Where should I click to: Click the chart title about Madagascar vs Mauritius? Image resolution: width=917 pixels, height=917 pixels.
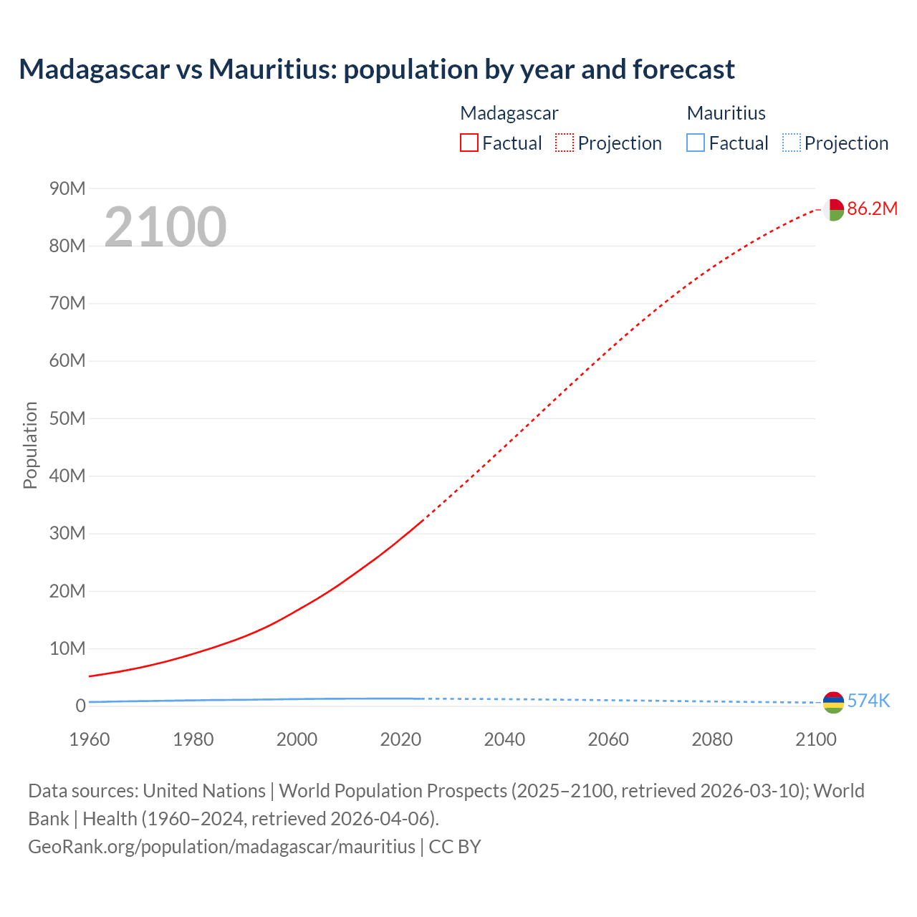pos(377,69)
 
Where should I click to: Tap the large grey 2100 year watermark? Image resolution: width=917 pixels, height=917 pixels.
pos(165,227)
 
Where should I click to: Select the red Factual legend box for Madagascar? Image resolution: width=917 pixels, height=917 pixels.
pos(469,143)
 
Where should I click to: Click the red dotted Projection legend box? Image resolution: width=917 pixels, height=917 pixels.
pos(565,143)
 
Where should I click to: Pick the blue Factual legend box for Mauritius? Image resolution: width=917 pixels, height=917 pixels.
pos(695,143)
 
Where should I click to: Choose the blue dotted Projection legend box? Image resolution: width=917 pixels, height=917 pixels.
pos(791,143)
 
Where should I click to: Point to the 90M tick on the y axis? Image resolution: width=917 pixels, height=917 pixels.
pos(67,188)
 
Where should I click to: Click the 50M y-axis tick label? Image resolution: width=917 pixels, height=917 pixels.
pos(67,418)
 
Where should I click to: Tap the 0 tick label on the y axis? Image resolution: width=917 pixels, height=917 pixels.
pos(80,706)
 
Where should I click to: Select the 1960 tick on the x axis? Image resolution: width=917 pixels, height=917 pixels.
pos(90,739)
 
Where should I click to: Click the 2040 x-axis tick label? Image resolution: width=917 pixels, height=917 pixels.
pos(504,739)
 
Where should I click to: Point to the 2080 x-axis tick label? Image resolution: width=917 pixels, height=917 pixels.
pos(712,739)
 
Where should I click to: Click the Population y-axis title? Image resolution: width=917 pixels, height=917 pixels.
pos(30,445)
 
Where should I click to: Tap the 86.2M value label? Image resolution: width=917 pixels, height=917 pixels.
pos(872,208)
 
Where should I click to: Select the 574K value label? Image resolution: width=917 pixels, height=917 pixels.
pos(868,701)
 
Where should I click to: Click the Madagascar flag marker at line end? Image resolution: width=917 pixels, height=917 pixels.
pos(832,210)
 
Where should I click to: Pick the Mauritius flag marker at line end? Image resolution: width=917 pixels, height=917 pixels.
pos(833,702)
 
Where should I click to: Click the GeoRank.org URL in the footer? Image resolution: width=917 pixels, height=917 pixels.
pos(221,846)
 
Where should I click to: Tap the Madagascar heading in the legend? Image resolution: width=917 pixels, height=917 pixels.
pos(509,113)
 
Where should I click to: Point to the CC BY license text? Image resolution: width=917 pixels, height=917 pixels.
pos(455,846)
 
